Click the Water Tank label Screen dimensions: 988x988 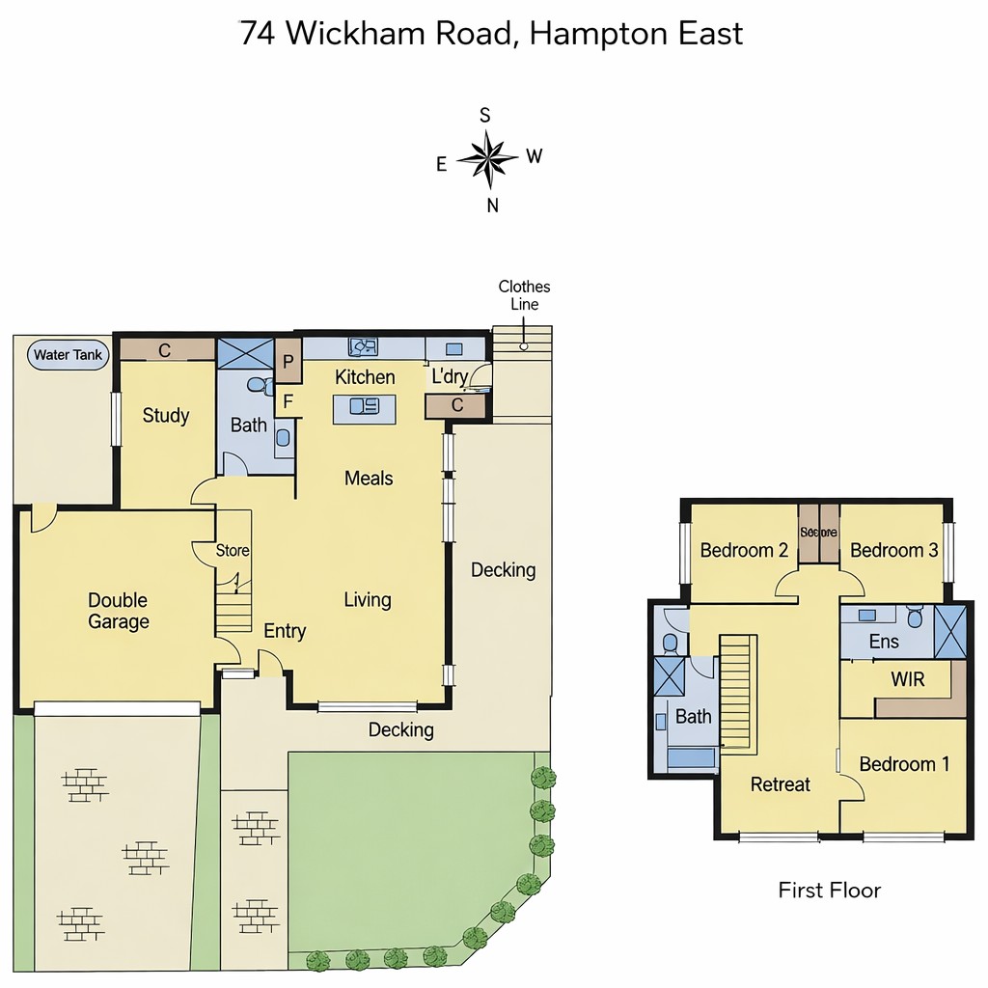pyautogui.click(x=68, y=355)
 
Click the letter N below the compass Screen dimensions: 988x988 pyautogui.click(x=492, y=205)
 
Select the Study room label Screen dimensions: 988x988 pyautogui.click(x=166, y=416)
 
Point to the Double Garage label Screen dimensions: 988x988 pyautogui.click(x=119, y=611)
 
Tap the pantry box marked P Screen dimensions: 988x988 pyautogui.click(x=288, y=363)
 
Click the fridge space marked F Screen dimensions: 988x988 pyautogui.click(x=288, y=401)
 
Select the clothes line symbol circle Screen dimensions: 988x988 pyautogui.click(x=524, y=345)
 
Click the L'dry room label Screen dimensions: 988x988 pyautogui.click(x=450, y=377)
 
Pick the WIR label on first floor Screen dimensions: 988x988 pyautogui.click(x=907, y=679)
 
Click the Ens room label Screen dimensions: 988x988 pyautogui.click(x=884, y=642)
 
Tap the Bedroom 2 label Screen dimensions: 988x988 pyautogui.click(x=744, y=551)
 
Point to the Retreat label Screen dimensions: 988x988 pyautogui.click(x=781, y=784)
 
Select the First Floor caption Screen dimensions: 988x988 pyautogui.click(x=829, y=890)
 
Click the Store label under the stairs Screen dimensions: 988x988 pyautogui.click(x=233, y=551)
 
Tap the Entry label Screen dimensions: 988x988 pyautogui.click(x=285, y=631)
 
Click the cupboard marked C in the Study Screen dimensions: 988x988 pyautogui.click(x=165, y=350)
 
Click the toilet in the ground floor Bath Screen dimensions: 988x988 pyautogui.click(x=258, y=385)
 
